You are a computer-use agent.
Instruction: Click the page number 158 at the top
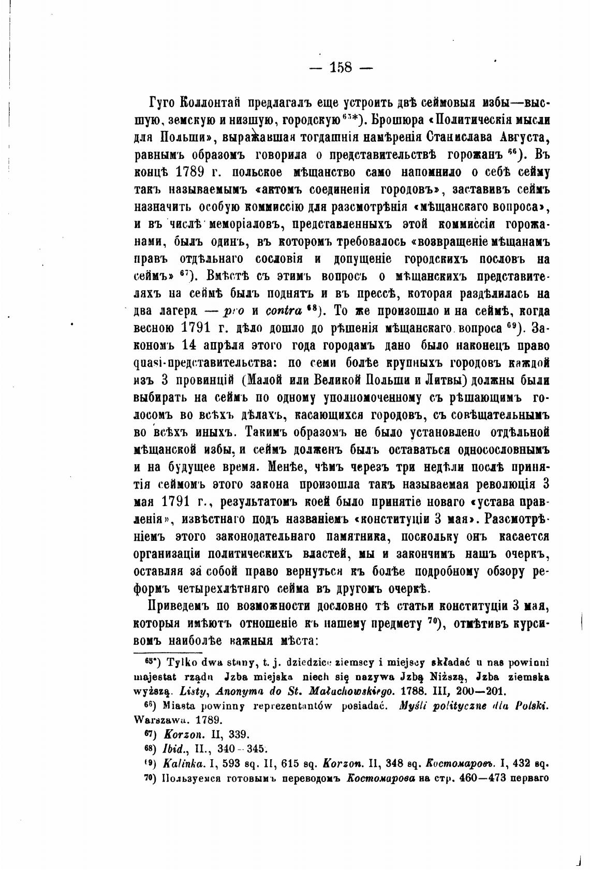[x=341, y=67]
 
